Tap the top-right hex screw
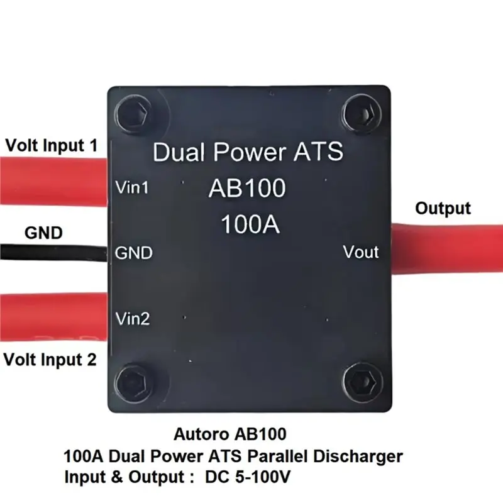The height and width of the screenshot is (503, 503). (x=363, y=113)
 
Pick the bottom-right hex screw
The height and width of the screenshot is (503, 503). (x=363, y=382)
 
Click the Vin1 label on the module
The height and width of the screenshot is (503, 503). (x=132, y=187)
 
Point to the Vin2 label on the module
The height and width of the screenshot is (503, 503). (x=133, y=319)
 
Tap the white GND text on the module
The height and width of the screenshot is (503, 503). (x=133, y=253)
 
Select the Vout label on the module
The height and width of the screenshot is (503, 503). (x=361, y=252)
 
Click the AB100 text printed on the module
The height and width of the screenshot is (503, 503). (x=247, y=188)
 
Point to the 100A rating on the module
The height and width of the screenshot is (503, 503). (x=250, y=224)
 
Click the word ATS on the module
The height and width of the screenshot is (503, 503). (x=318, y=152)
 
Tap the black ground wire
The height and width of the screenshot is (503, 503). (x=53, y=252)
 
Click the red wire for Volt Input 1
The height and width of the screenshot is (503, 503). (x=53, y=181)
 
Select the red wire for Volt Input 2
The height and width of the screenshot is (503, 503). (x=53, y=317)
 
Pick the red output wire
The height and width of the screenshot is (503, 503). (x=447, y=249)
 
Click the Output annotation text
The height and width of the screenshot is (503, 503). (x=443, y=209)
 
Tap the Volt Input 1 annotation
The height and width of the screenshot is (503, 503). (x=52, y=145)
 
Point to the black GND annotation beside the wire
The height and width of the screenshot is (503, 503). (x=43, y=233)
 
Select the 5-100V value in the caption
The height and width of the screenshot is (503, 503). (x=263, y=477)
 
